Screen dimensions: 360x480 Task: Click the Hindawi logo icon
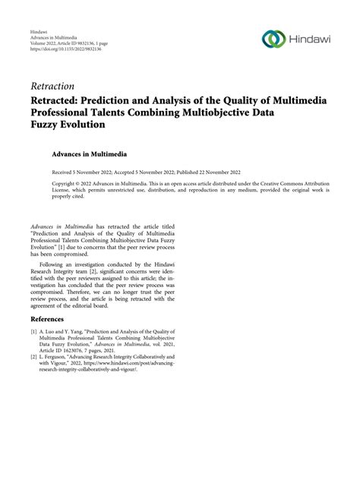coord(273,37)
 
